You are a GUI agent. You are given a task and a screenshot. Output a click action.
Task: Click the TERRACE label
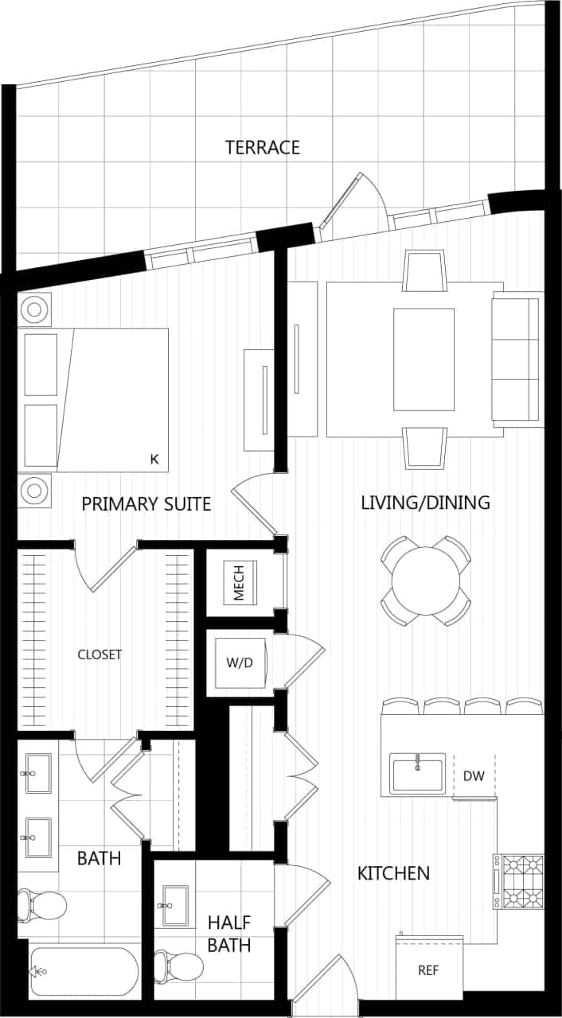(x=262, y=147)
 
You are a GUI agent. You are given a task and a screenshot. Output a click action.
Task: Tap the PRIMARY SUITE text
(x=146, y=503)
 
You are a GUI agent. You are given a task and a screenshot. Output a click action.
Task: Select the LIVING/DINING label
(x=425, y=503)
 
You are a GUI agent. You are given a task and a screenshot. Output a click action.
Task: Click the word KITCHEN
(x=393, y=873)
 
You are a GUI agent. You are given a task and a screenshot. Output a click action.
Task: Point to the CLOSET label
(x=100, y=655)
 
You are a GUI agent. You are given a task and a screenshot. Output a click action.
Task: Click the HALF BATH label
(x=229, y=934)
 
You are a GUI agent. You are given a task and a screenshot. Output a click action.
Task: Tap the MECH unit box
(x=241, y=582)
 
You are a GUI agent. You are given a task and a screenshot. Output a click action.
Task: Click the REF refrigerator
(x=428, y=970)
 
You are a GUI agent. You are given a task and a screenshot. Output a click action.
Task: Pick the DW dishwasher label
(x=474, y=775)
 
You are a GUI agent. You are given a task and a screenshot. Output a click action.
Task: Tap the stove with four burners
(x=518, y=881)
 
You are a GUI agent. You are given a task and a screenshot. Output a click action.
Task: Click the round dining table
(x=426, y=580)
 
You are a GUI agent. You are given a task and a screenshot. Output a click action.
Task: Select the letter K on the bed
(x=154, y=459)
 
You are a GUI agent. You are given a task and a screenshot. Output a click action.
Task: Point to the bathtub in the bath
(x=83, y=971)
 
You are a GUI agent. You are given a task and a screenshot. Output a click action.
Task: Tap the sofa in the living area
(x=516, y=359)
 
